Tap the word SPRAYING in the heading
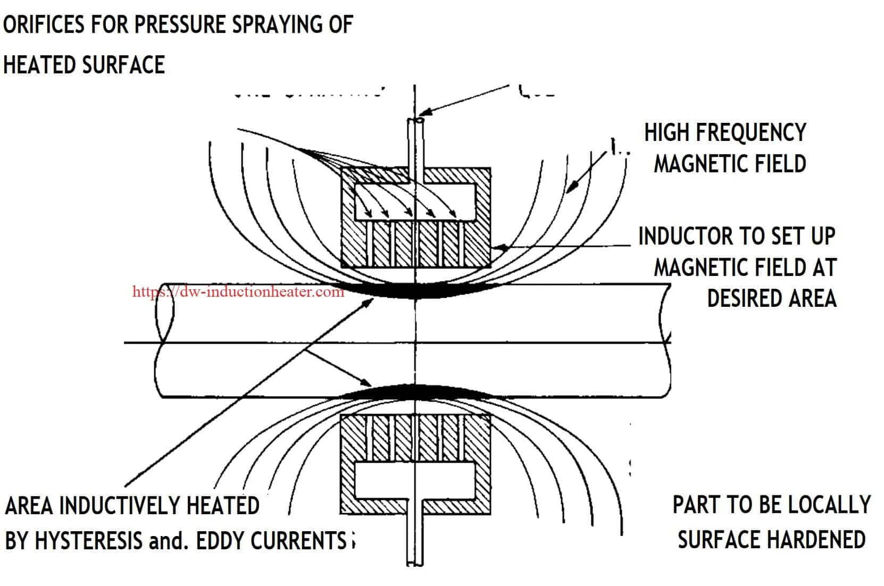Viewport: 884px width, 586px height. coord(268,24)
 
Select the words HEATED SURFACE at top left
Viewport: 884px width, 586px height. coord(84,64)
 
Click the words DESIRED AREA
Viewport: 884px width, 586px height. coord(771,298)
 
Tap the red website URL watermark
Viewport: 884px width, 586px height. coord(238,291)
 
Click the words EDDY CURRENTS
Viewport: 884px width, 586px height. coord(271,541)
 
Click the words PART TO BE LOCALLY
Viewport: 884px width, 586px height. coord(771,504)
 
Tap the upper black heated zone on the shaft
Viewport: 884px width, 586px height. coord(415,290)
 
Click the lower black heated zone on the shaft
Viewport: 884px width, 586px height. coord(415,392)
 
